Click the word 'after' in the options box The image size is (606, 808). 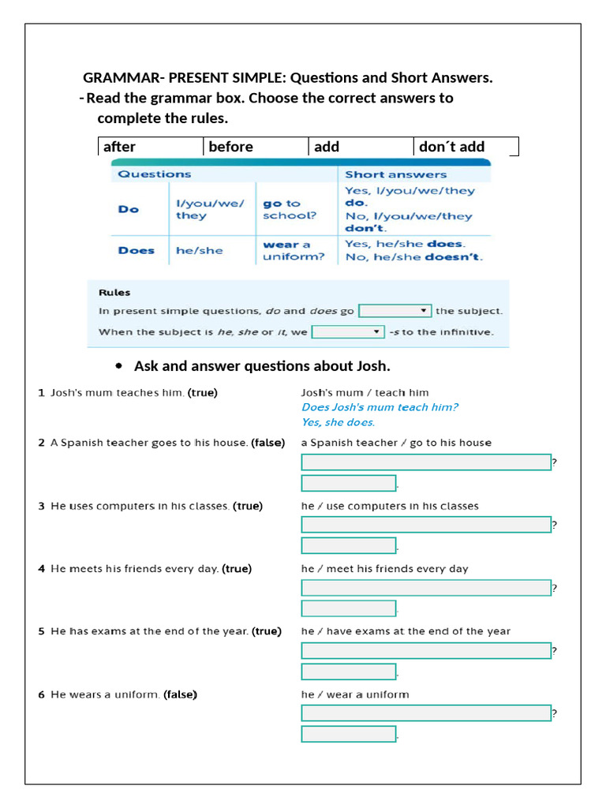[x=120, y=147]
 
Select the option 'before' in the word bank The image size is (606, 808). [x=230, y=147]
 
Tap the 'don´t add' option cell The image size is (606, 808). [x=451, y=147]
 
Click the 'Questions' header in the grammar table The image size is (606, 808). [x=155, y=174]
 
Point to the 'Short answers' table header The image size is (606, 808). [x=395, y=174]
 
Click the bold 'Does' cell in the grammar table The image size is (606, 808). [x=136, y=250]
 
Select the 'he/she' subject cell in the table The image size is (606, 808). [x=199, y=250]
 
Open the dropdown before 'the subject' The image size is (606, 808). [x=395, y=311]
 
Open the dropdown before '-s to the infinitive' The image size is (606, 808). [x=348, y=332]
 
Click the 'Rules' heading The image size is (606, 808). [x=114, y=293]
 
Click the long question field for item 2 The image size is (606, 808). [x=426, y=462]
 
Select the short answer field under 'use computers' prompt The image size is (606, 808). [x=349, y=545]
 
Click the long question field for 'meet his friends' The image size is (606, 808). [x=426, y=588]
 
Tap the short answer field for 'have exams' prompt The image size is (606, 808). [x=349, y=671]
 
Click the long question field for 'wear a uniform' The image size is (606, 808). [x=426, y=713]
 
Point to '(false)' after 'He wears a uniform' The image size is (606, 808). [x=180, y=694]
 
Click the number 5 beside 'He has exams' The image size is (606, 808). [x=41, y=631]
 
